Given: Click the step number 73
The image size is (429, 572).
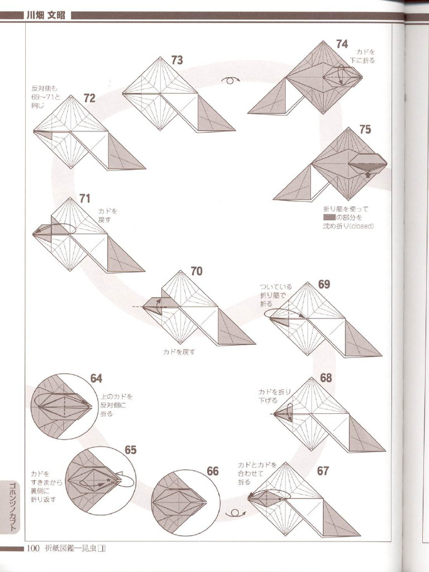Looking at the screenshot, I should pyautogui.click(x=177, y=60).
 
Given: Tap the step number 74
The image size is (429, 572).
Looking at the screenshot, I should pyautogui.click(x=342, y=44).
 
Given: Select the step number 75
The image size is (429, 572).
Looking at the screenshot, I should pyautogui.click(x=365, y=130).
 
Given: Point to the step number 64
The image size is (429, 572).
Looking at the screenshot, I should pyautogui.click(x=96, y=379).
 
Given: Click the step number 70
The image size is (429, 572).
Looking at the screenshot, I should pyautogui.click(x=196, y=271).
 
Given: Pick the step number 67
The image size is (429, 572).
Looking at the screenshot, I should pyautogui.click(x=323, y=471).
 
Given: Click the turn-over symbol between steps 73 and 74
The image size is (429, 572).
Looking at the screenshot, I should pyautogui.click(x=230, y=80).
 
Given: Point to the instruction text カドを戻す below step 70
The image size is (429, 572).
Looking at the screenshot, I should pyautogui.click(x=179, y=352).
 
